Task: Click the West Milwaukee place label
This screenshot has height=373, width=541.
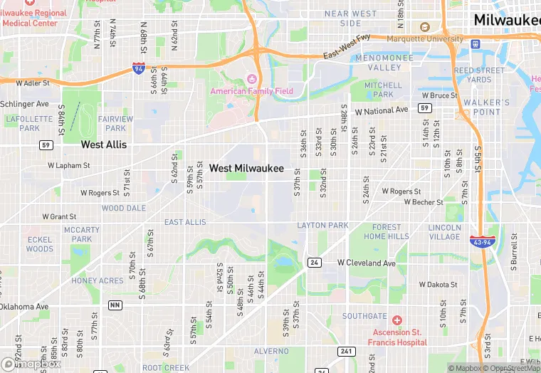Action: point(246,169)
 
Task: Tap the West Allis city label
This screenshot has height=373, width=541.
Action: point(104,145)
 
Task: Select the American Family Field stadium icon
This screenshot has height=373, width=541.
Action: point(251,78)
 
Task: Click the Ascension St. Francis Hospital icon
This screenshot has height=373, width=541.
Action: point(397,320)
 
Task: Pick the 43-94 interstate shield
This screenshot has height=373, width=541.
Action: point(480,242)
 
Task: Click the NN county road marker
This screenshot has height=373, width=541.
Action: point(115,305)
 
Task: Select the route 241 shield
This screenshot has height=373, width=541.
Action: point(346,351)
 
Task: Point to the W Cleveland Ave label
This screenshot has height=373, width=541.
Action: point(366,263)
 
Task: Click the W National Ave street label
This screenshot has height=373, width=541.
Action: point(382,111)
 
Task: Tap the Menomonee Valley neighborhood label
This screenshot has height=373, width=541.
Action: point(379,62)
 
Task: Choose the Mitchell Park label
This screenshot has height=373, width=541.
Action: point(383,90)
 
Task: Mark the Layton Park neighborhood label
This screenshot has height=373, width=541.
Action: point(322,226)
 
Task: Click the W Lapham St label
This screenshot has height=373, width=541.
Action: point(69,165)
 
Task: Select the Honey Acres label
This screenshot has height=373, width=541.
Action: point(98,281)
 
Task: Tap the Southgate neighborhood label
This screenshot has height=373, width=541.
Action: point(364,316)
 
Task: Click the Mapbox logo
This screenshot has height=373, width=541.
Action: point(31,364)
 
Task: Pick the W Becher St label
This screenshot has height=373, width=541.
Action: point(424,202)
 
